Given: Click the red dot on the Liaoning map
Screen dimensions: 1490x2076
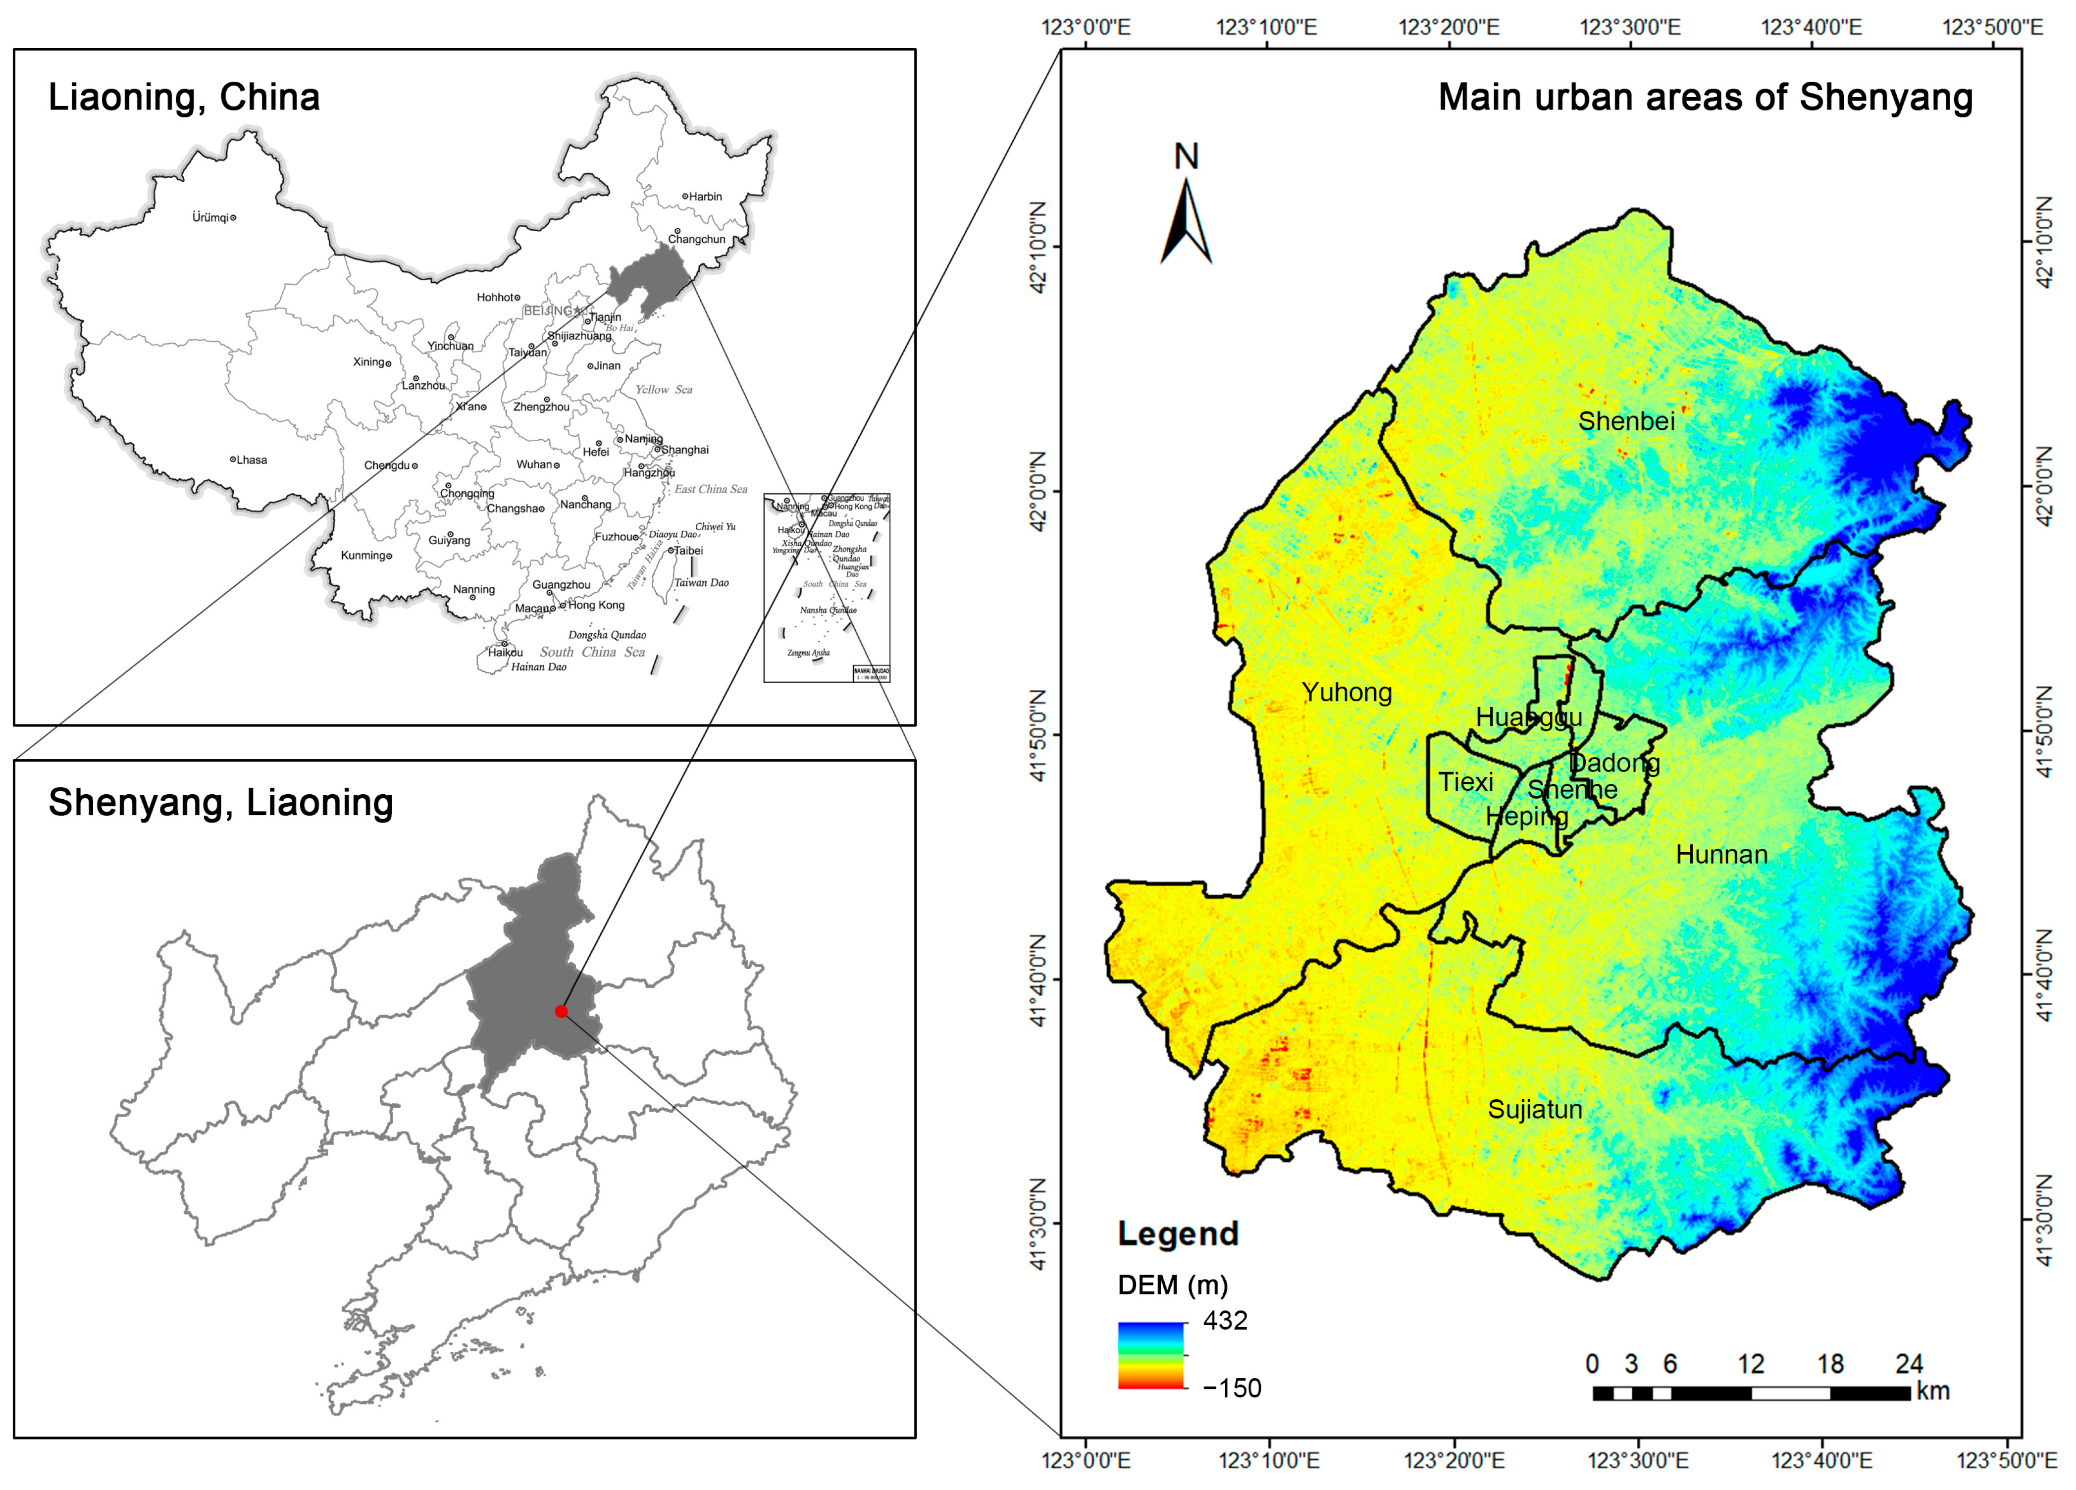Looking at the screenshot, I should coord(561,1011).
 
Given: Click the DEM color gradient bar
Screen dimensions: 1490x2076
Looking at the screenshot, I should coord(1150,1355).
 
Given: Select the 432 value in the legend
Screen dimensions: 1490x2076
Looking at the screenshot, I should coord(1225,1321).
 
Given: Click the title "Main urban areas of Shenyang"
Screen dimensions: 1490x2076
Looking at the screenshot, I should coord(1705,97).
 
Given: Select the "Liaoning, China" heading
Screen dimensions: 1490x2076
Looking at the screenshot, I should coord(184,97).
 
